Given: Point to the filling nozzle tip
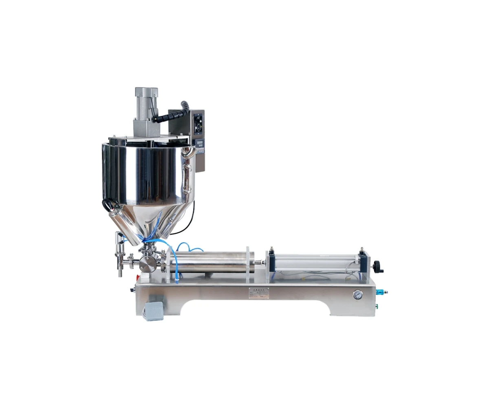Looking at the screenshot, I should pyautogui.click(x=120, y=273).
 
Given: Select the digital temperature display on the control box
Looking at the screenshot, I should pyautogui.click(x=199, y=143).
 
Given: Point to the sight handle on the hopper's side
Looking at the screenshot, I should pyautogui.click(x=187, y=178).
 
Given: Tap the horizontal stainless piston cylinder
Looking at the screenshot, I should pyautogui.click(x=210, y=262).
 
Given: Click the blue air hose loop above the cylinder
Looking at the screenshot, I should pyautogui.click(x=189, y=247).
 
